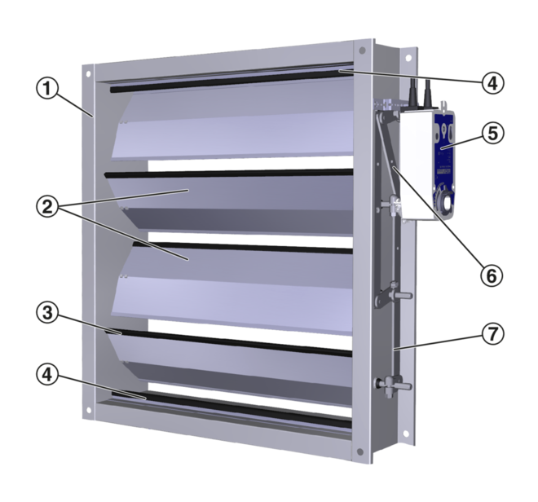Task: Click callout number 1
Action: (47, 89)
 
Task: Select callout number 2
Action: (47, 208)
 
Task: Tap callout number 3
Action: (47, 313)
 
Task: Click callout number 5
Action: (492, 133)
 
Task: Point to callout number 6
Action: (492, 275)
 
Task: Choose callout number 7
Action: (492, 334)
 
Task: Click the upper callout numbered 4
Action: (492, 83)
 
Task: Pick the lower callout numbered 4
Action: (47, 374)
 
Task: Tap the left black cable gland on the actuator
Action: (412, 91)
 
